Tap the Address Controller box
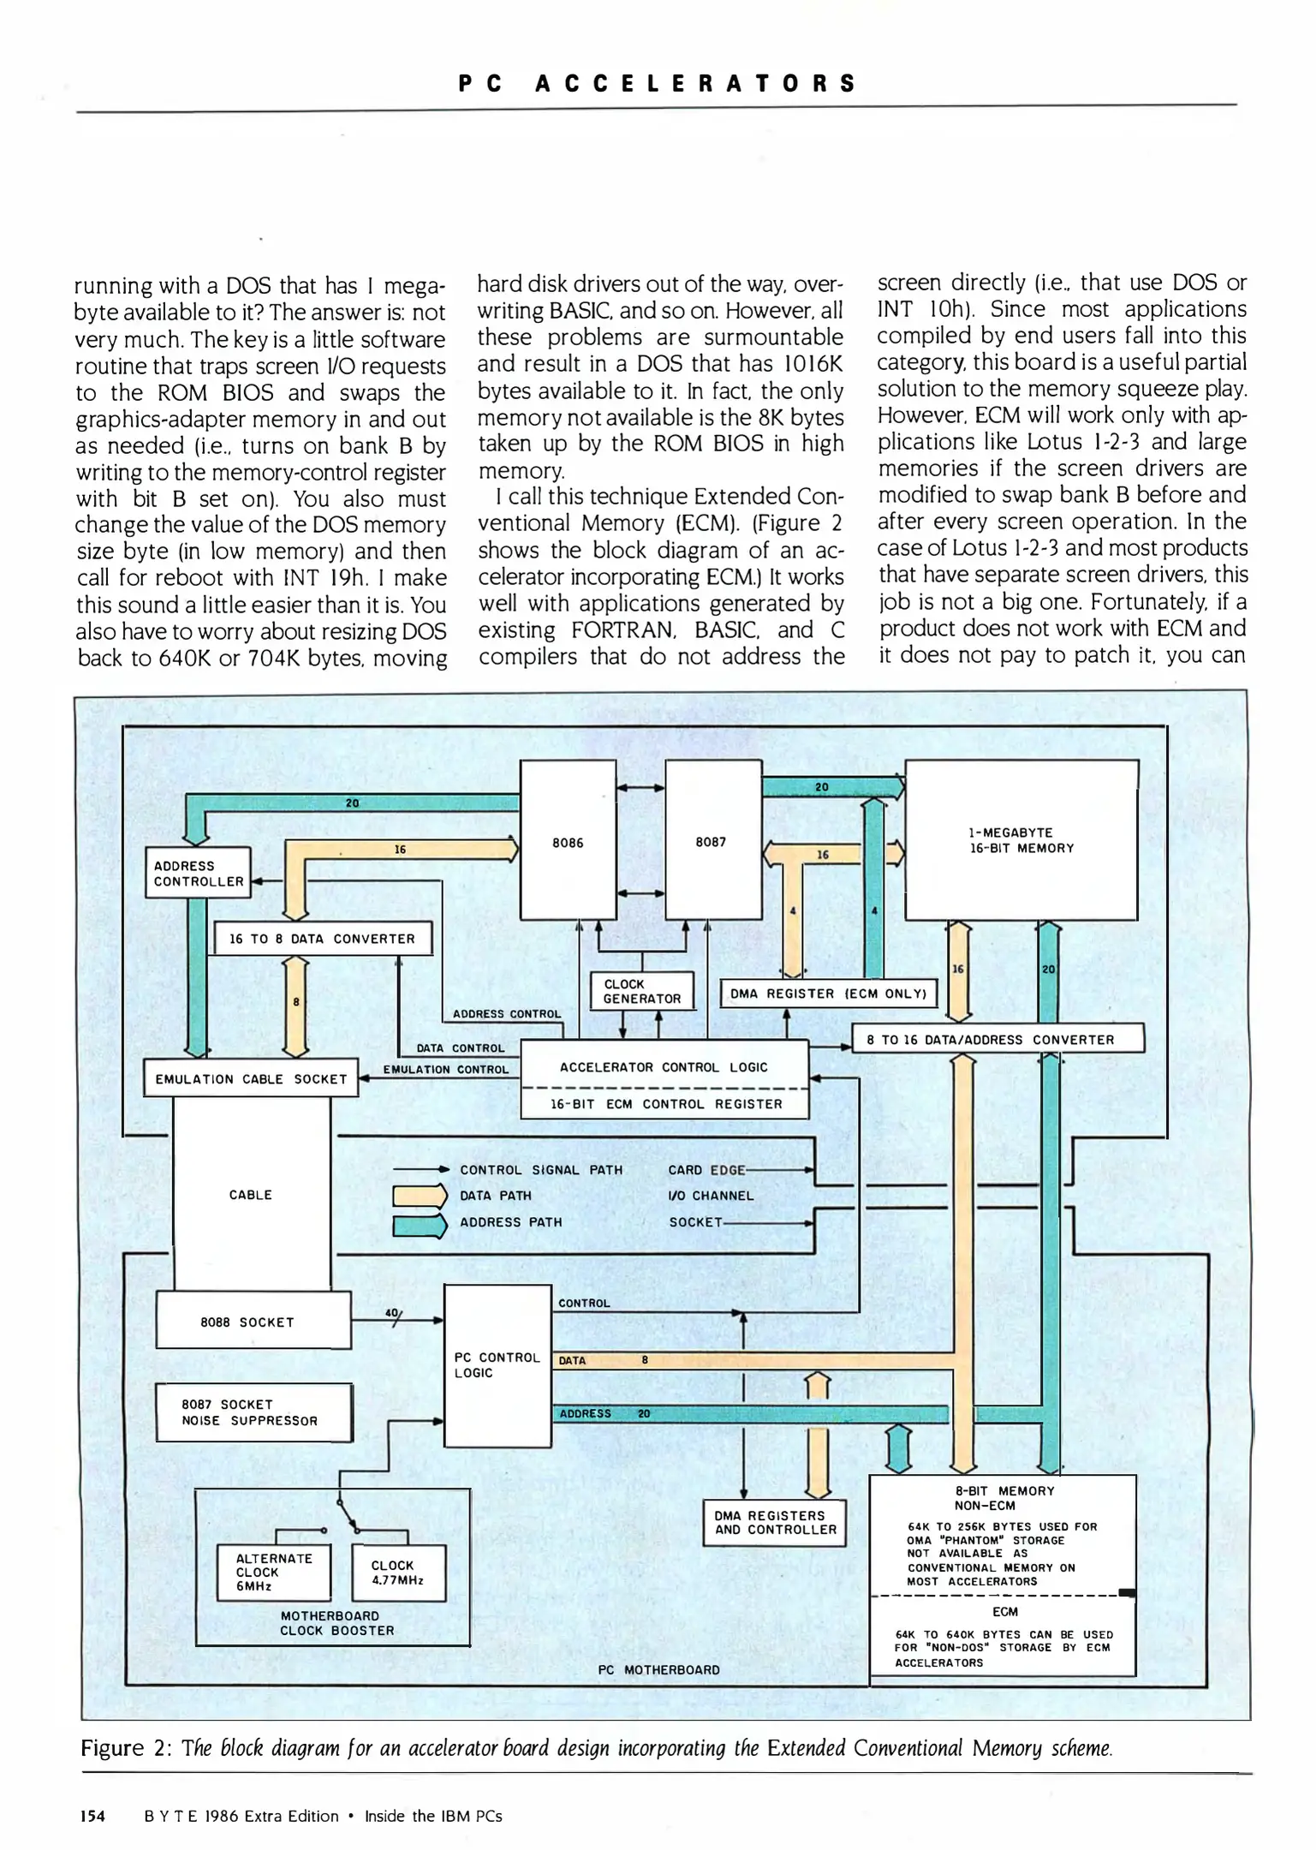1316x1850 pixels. point(198,873)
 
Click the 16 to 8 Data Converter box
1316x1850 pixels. point(322,939)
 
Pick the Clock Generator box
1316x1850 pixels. point(642,991)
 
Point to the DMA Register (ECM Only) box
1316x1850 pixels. point(828,994)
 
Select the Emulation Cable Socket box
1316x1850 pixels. point(251,1079)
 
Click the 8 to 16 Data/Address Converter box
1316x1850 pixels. point(997,1039)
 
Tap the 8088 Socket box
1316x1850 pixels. point(253,1321)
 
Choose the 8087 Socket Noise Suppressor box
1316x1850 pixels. point(253,1412)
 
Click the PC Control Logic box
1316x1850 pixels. point(497,1365)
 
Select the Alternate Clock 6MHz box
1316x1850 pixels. point(273,1572)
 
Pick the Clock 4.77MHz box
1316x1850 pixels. point(398,1572)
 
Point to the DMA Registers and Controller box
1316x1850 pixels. point(775,1522)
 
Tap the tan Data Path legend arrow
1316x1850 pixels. point(420,1196)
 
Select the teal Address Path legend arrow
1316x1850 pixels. point(420,1223)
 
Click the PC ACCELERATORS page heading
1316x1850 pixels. point(657,83)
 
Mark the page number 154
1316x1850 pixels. point(92,1816)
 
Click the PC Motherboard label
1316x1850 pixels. point(658,1669)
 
